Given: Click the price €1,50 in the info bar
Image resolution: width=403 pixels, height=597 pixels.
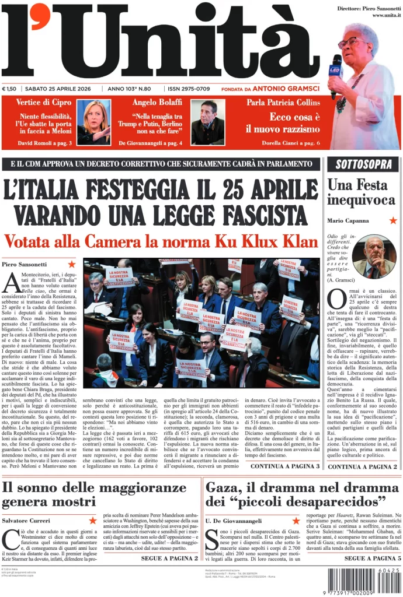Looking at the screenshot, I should [9, 89].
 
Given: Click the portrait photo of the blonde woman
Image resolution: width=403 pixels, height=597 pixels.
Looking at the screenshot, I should [94, 122].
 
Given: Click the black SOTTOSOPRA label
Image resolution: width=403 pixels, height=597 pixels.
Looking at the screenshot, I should [363, 164].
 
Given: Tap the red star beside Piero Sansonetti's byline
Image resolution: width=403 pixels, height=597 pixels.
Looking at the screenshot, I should [72, 264].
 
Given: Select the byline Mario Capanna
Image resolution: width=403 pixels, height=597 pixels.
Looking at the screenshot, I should [348, 220].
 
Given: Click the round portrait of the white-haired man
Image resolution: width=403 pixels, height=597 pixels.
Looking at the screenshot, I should [374, 257].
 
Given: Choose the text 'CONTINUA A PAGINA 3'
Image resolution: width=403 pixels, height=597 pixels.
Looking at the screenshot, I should [284, 466].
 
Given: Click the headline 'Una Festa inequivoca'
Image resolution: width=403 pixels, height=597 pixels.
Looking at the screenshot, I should [360, 192].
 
